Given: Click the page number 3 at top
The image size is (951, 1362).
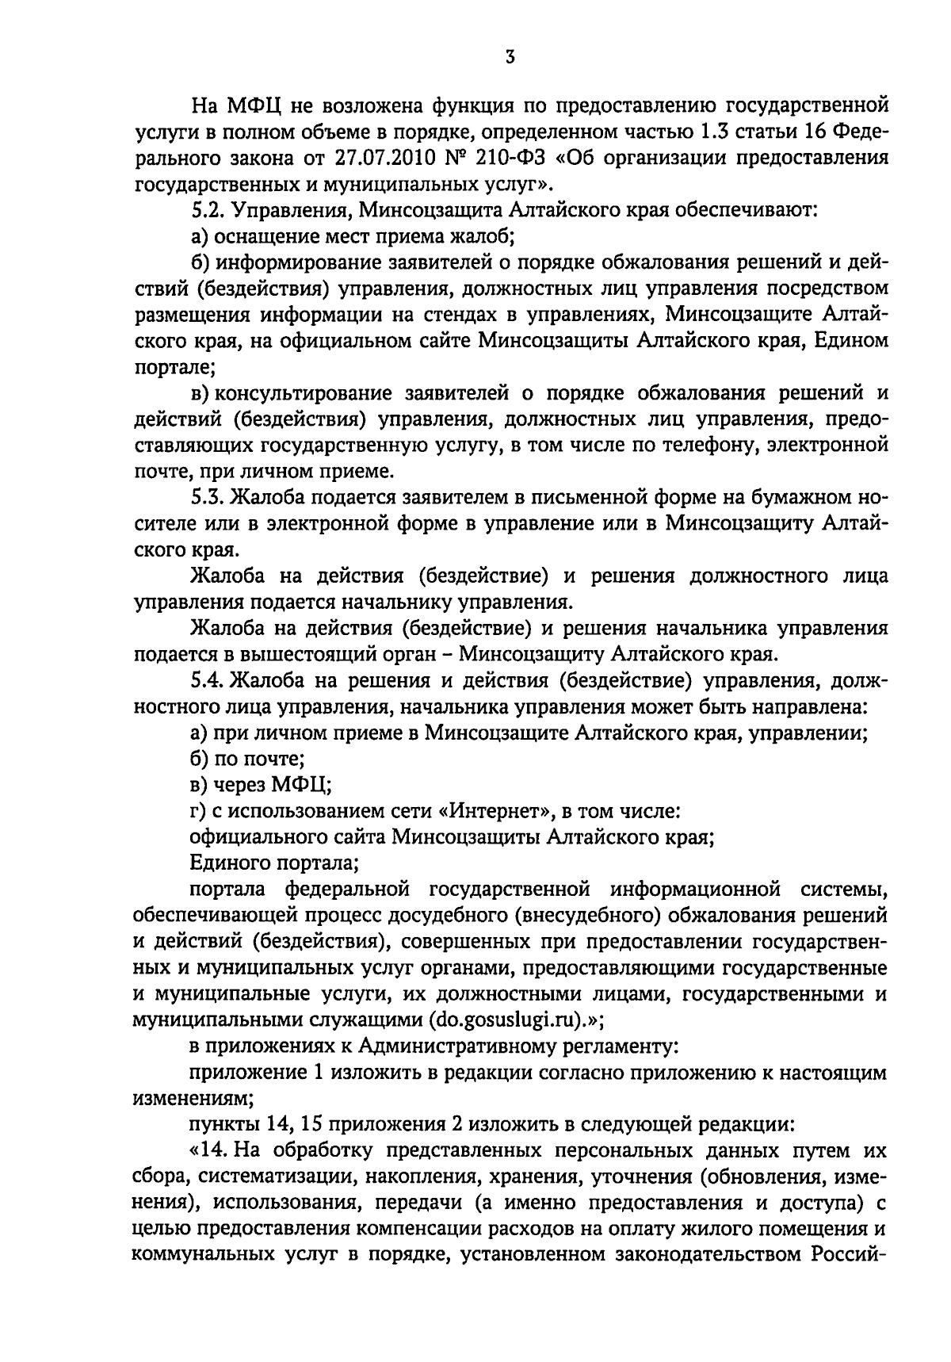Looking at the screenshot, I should [510, 56].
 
